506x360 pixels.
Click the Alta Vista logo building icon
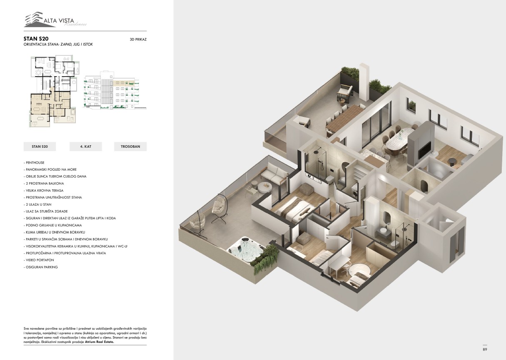[x=34, y=20]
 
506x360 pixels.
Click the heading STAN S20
[x=36, y=39]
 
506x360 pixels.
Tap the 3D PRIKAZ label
[x=138, y=39]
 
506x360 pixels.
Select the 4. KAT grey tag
[x=86, y=146]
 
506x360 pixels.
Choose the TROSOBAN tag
[x=130, y=146]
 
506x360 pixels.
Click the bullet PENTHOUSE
[x=34, y=162]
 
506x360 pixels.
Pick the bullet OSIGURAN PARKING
[x=41, y=267]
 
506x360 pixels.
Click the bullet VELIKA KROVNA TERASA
[x=44, y=191]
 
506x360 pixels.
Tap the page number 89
[x=485, y=350]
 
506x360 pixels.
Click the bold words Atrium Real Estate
[x=100, y=342]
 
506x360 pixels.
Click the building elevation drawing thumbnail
[x=115, y=90]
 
